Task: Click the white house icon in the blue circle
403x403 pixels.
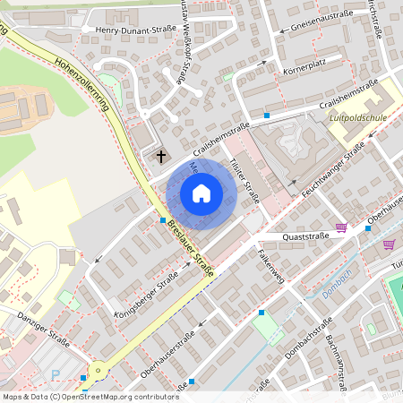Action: coord(201,193)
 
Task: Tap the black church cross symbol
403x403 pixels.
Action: coord(161,157)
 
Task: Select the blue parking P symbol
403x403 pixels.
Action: coord(56,375)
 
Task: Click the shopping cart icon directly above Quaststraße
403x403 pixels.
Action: coord(340,227)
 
